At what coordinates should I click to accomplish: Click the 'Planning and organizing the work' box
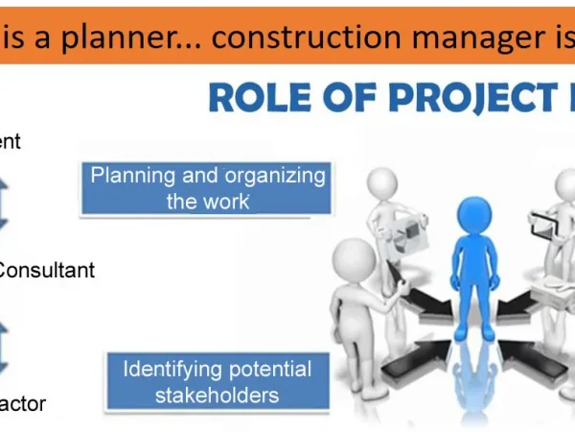pyautogui.click(x=207, y=188)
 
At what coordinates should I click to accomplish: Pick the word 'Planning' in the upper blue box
pyautogui.click(x=131, y=176)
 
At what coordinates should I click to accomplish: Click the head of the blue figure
pyautogui.click(x=474, y=212)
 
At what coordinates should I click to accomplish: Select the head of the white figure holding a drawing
pyautogui.click(x=384, y=182)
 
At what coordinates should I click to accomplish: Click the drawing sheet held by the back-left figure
pyautogui.click(x=411, y=227)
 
